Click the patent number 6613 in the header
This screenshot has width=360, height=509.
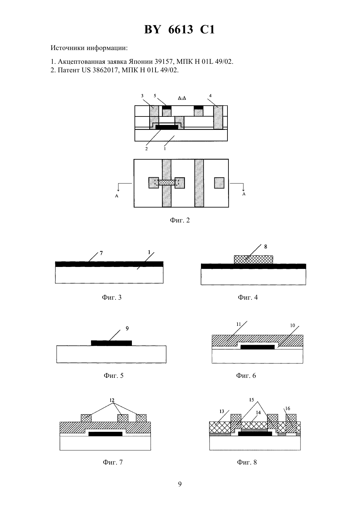point(180,29)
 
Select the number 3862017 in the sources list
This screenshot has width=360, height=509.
point(105,70)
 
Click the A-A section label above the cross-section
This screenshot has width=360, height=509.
point(182,98)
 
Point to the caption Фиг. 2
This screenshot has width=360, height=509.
point(180,220)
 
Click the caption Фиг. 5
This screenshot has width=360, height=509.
point(114,376)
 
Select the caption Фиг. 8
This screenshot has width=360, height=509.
point(247,462)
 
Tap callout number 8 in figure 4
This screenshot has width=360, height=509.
point(265,247)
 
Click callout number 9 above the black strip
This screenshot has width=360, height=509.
point(127,328)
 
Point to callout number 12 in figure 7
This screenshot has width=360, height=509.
point(112,400)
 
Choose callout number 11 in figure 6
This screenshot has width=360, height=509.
point(238,324)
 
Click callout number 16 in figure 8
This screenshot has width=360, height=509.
point(288,408)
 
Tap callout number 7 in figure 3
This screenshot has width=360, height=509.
point(101,253)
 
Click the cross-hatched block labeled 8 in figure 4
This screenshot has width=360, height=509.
point(253,259)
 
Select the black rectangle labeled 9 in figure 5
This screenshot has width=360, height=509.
point(111,343)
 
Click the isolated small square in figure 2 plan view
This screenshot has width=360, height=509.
point(219,183)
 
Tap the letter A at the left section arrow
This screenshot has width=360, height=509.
point(117,196)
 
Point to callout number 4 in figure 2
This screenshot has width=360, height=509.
point(210,96)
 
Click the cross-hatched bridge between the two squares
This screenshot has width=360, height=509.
point(167,182)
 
